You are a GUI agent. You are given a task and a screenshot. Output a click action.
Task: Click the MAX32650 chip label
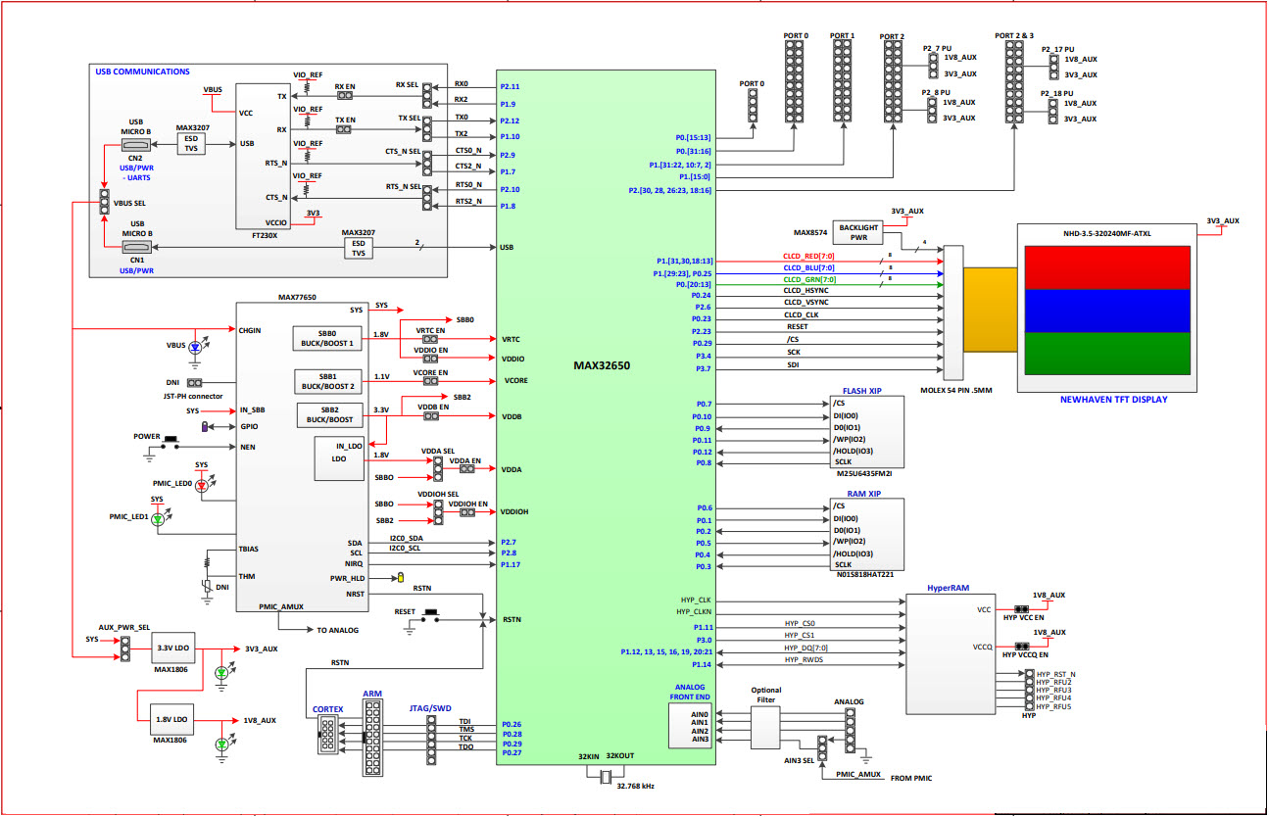(602, 365)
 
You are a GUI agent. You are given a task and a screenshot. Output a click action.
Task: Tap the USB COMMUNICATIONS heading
(142, 72)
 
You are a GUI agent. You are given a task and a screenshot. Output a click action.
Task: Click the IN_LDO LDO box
(339, 458)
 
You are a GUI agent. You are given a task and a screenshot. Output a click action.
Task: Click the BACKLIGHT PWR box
(856, 231)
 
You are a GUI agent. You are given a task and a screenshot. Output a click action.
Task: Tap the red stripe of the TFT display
(1106, 267)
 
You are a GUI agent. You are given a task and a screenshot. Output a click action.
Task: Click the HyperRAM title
(949, 589)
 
